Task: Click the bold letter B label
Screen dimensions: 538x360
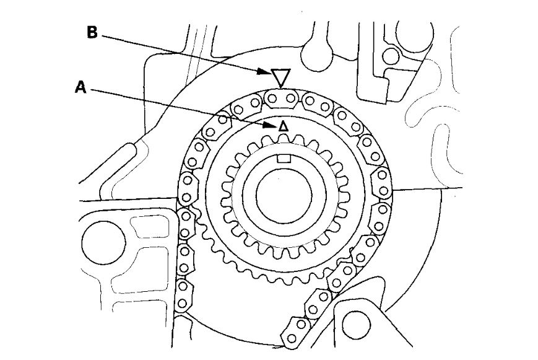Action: coord(92,33)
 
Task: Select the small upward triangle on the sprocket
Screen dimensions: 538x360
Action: coord(283,126)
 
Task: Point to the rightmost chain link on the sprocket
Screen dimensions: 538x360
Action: coord(382,183)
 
